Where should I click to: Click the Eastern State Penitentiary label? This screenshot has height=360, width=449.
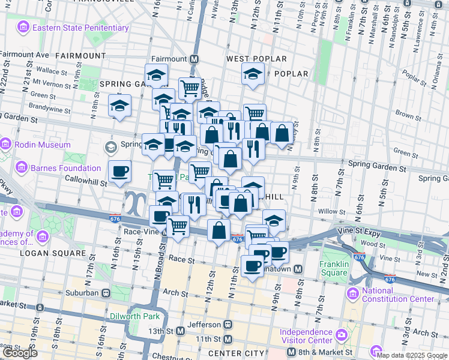pos(80,28)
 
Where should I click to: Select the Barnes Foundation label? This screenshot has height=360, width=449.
pos(66,168)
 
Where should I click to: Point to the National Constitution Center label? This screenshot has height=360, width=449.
pos(397,294)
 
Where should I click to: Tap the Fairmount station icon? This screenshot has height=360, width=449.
pos(194,59)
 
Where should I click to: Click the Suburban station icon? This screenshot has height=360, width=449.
pos(106,293)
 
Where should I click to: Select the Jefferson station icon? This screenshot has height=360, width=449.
pos(228,325)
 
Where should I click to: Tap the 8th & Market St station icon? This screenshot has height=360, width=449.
pos(291,352)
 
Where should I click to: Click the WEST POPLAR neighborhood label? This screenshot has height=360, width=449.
pos(256,59)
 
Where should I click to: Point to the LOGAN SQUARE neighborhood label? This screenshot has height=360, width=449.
pos(53,253)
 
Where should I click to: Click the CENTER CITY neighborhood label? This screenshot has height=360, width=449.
pos(236,353)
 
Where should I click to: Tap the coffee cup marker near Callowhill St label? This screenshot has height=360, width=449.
pos(119,172)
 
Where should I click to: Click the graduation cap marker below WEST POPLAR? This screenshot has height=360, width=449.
pos(253,76)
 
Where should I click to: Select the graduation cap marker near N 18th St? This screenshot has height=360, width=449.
pos(119,106)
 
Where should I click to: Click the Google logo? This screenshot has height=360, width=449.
pos(20,353)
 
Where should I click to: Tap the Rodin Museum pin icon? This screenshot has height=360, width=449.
pos(6,145)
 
